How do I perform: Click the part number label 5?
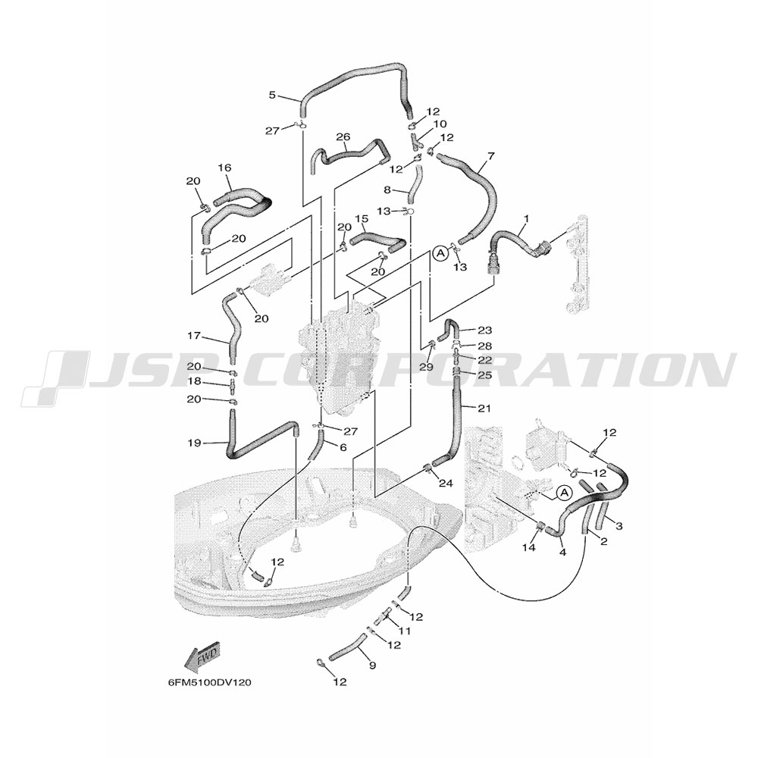click(272, 96)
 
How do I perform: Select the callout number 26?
click(343, 136)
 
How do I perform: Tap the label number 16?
click(224, 168)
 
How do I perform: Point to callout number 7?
click(491, 156)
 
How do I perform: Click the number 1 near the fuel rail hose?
click(527, 219)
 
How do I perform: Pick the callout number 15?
click(362, 219)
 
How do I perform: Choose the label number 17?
click(194, 336)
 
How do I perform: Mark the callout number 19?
click(194, 443)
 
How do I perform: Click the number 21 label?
click(484, 409)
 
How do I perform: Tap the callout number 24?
click(445, 483)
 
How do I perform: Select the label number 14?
click(529, 548)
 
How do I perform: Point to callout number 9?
click(371, 666)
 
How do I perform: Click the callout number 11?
click(404, 631)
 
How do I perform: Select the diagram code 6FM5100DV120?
click(210, 683)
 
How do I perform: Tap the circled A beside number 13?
click(440, 252)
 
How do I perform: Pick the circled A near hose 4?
click(563, 493)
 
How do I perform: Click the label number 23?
click(484, 330)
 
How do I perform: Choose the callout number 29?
click(426, 368)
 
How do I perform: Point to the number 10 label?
click(440, 124)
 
